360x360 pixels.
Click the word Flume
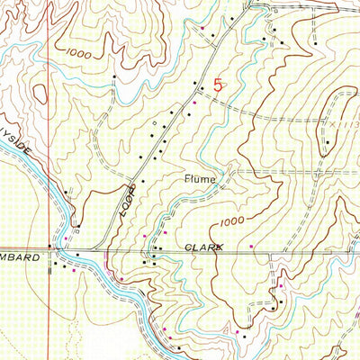202,179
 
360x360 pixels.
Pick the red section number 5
219,86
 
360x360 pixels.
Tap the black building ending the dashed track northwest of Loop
114,78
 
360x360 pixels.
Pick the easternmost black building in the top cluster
316,42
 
